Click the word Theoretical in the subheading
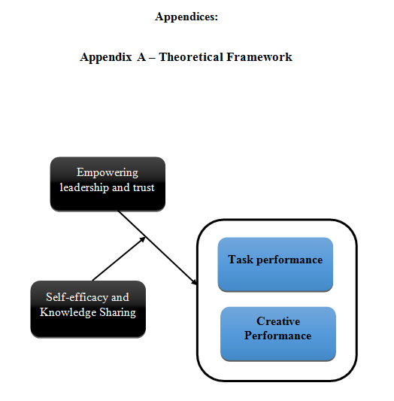[x=191, y=56]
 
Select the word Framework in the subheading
[x=259, y=56]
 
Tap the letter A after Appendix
[x=141, y=56]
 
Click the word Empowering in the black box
[x=108, y=173]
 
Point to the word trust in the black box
[x=144, y=187]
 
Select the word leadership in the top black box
[x=84, y=187]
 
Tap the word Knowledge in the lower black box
[x=68, y=312]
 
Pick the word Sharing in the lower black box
[x=117, y=312]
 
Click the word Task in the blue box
[x=241, y=260]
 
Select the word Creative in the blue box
[x=278, y=321]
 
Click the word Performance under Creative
[x=277, y=336]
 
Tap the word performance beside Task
[x=289, y=260]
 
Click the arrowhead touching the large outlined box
[x=194, y=281]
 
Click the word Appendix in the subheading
[x=106, y=57]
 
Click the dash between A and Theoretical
[x=152, y=58]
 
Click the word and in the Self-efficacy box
[x=120, y=297]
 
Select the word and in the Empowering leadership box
[x=121, y=187]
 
